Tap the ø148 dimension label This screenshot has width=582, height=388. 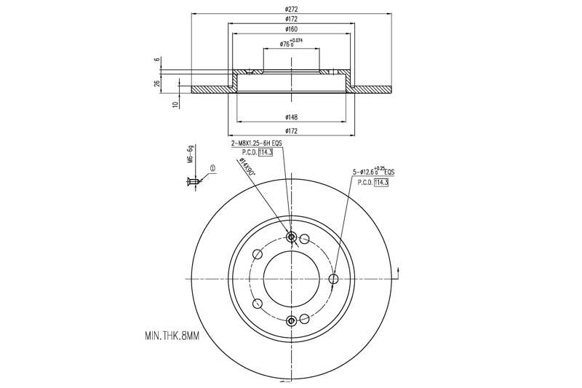pyautogui.click(x=292, y=117)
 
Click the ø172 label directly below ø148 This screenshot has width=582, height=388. pyautogui.click(x=292, y=131)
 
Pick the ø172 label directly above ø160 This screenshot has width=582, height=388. pyautogui.click(x=292, y=20)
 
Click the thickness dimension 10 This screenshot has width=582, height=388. pyautogui.click(x=175, y=105)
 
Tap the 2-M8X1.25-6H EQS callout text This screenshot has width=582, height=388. pyautogui.click(x=256, y=143)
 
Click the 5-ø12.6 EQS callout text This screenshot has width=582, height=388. pyautogui.click(x=372, y=172)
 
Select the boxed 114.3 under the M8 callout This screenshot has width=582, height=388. pyautogui.click(x=269, y=152)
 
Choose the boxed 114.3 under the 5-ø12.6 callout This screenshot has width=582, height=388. pyautogui.click(x=381, y=182)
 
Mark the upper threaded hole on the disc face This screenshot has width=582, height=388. pyautogui.click(x=292, y=237)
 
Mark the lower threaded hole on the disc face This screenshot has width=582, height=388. pyautogui.click(x=292, y=321)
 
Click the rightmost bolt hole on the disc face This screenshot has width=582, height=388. pyautogui.click(x=334, y=279)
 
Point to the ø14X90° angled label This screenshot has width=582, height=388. pyautogui.click(x=250, y=170)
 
